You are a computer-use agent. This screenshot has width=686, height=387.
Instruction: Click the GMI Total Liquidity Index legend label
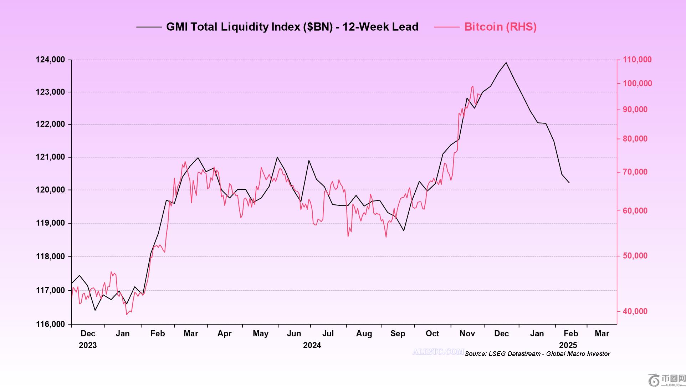coord(292,27)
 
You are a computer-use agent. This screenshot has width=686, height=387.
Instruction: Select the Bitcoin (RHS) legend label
coord(500,27)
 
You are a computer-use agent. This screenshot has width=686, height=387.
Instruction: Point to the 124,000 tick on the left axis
coord(50,60)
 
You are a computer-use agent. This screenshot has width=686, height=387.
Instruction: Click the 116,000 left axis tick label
coord(50,324)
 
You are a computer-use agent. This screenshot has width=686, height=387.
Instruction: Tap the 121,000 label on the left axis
coord(50,157)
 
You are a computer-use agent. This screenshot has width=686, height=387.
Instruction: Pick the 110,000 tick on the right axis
coord(637,60)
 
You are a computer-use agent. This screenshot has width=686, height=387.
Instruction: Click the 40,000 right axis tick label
coord(635,311)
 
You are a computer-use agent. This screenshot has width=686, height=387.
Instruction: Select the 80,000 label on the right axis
coord(635,139)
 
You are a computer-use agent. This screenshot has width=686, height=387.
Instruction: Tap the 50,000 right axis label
coord(635,256)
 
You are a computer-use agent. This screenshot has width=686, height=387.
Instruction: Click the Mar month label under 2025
coord(602,333)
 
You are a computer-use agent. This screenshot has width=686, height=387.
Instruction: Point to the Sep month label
coord(398,333)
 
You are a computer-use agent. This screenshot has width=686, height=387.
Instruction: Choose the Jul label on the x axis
coord(328,333)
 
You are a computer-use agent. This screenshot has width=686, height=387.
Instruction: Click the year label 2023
coord(88,345)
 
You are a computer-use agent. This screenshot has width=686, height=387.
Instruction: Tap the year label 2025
coord(568,345)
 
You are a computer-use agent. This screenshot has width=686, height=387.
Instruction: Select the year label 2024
coord(312,345)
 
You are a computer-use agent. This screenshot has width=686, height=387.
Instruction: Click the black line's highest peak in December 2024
coord(506,63)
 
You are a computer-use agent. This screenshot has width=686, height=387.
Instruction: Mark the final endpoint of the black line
coord(569,183)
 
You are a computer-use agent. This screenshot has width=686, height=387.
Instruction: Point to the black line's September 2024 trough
coord(404,231)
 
